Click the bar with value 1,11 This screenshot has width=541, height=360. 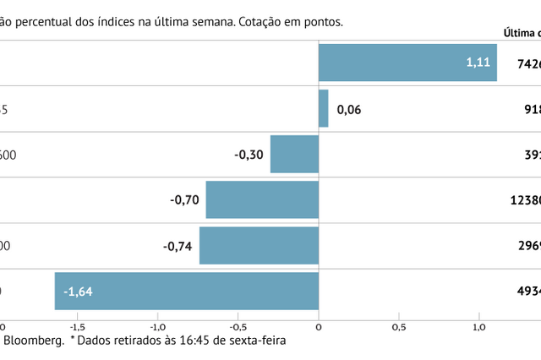407,63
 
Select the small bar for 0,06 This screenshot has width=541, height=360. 323,108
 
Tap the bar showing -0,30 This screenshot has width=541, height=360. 294,154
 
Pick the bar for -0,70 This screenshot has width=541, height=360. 262,200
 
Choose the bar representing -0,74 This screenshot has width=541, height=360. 259,246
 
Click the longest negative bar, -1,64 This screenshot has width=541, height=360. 186,292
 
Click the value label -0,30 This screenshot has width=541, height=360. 249,155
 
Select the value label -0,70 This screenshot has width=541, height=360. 184,200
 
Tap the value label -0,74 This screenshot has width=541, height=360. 178,246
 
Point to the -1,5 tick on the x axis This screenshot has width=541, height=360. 77,326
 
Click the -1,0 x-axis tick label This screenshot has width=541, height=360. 157,326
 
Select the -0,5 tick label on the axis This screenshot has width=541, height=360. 238,326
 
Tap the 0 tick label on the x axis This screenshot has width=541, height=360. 319,326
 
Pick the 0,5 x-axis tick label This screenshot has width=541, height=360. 399,326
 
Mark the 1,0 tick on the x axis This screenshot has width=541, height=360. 479,326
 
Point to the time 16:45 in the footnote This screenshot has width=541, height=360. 195,341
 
